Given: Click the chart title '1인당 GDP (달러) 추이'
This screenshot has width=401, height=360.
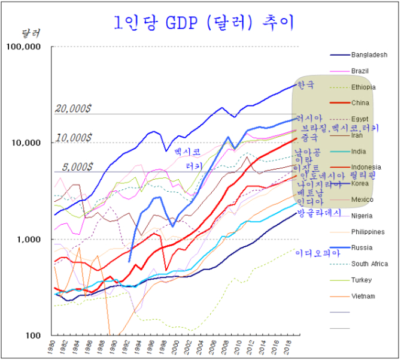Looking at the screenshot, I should tap(203, 23).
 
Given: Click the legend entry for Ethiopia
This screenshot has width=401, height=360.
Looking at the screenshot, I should tap(363, 87).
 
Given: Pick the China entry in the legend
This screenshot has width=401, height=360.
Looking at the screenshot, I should tap(360, 103).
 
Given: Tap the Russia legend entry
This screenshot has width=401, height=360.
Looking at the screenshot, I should tap(361, 248).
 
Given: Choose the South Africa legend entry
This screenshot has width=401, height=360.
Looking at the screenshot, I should tap(369, 264).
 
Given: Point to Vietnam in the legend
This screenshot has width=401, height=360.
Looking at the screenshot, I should tap(363, 297).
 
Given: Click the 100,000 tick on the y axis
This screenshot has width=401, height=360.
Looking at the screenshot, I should tap(25, 47).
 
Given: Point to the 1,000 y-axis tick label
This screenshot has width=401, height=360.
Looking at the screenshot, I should tap(29, 240).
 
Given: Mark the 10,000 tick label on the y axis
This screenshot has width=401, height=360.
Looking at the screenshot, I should tap(26, 143).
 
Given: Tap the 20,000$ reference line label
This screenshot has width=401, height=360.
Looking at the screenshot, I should tap(73, 109).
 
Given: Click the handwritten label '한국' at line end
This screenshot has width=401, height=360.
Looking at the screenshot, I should tap(305, 84).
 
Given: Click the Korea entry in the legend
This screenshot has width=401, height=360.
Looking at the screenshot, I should tap(360, 183).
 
